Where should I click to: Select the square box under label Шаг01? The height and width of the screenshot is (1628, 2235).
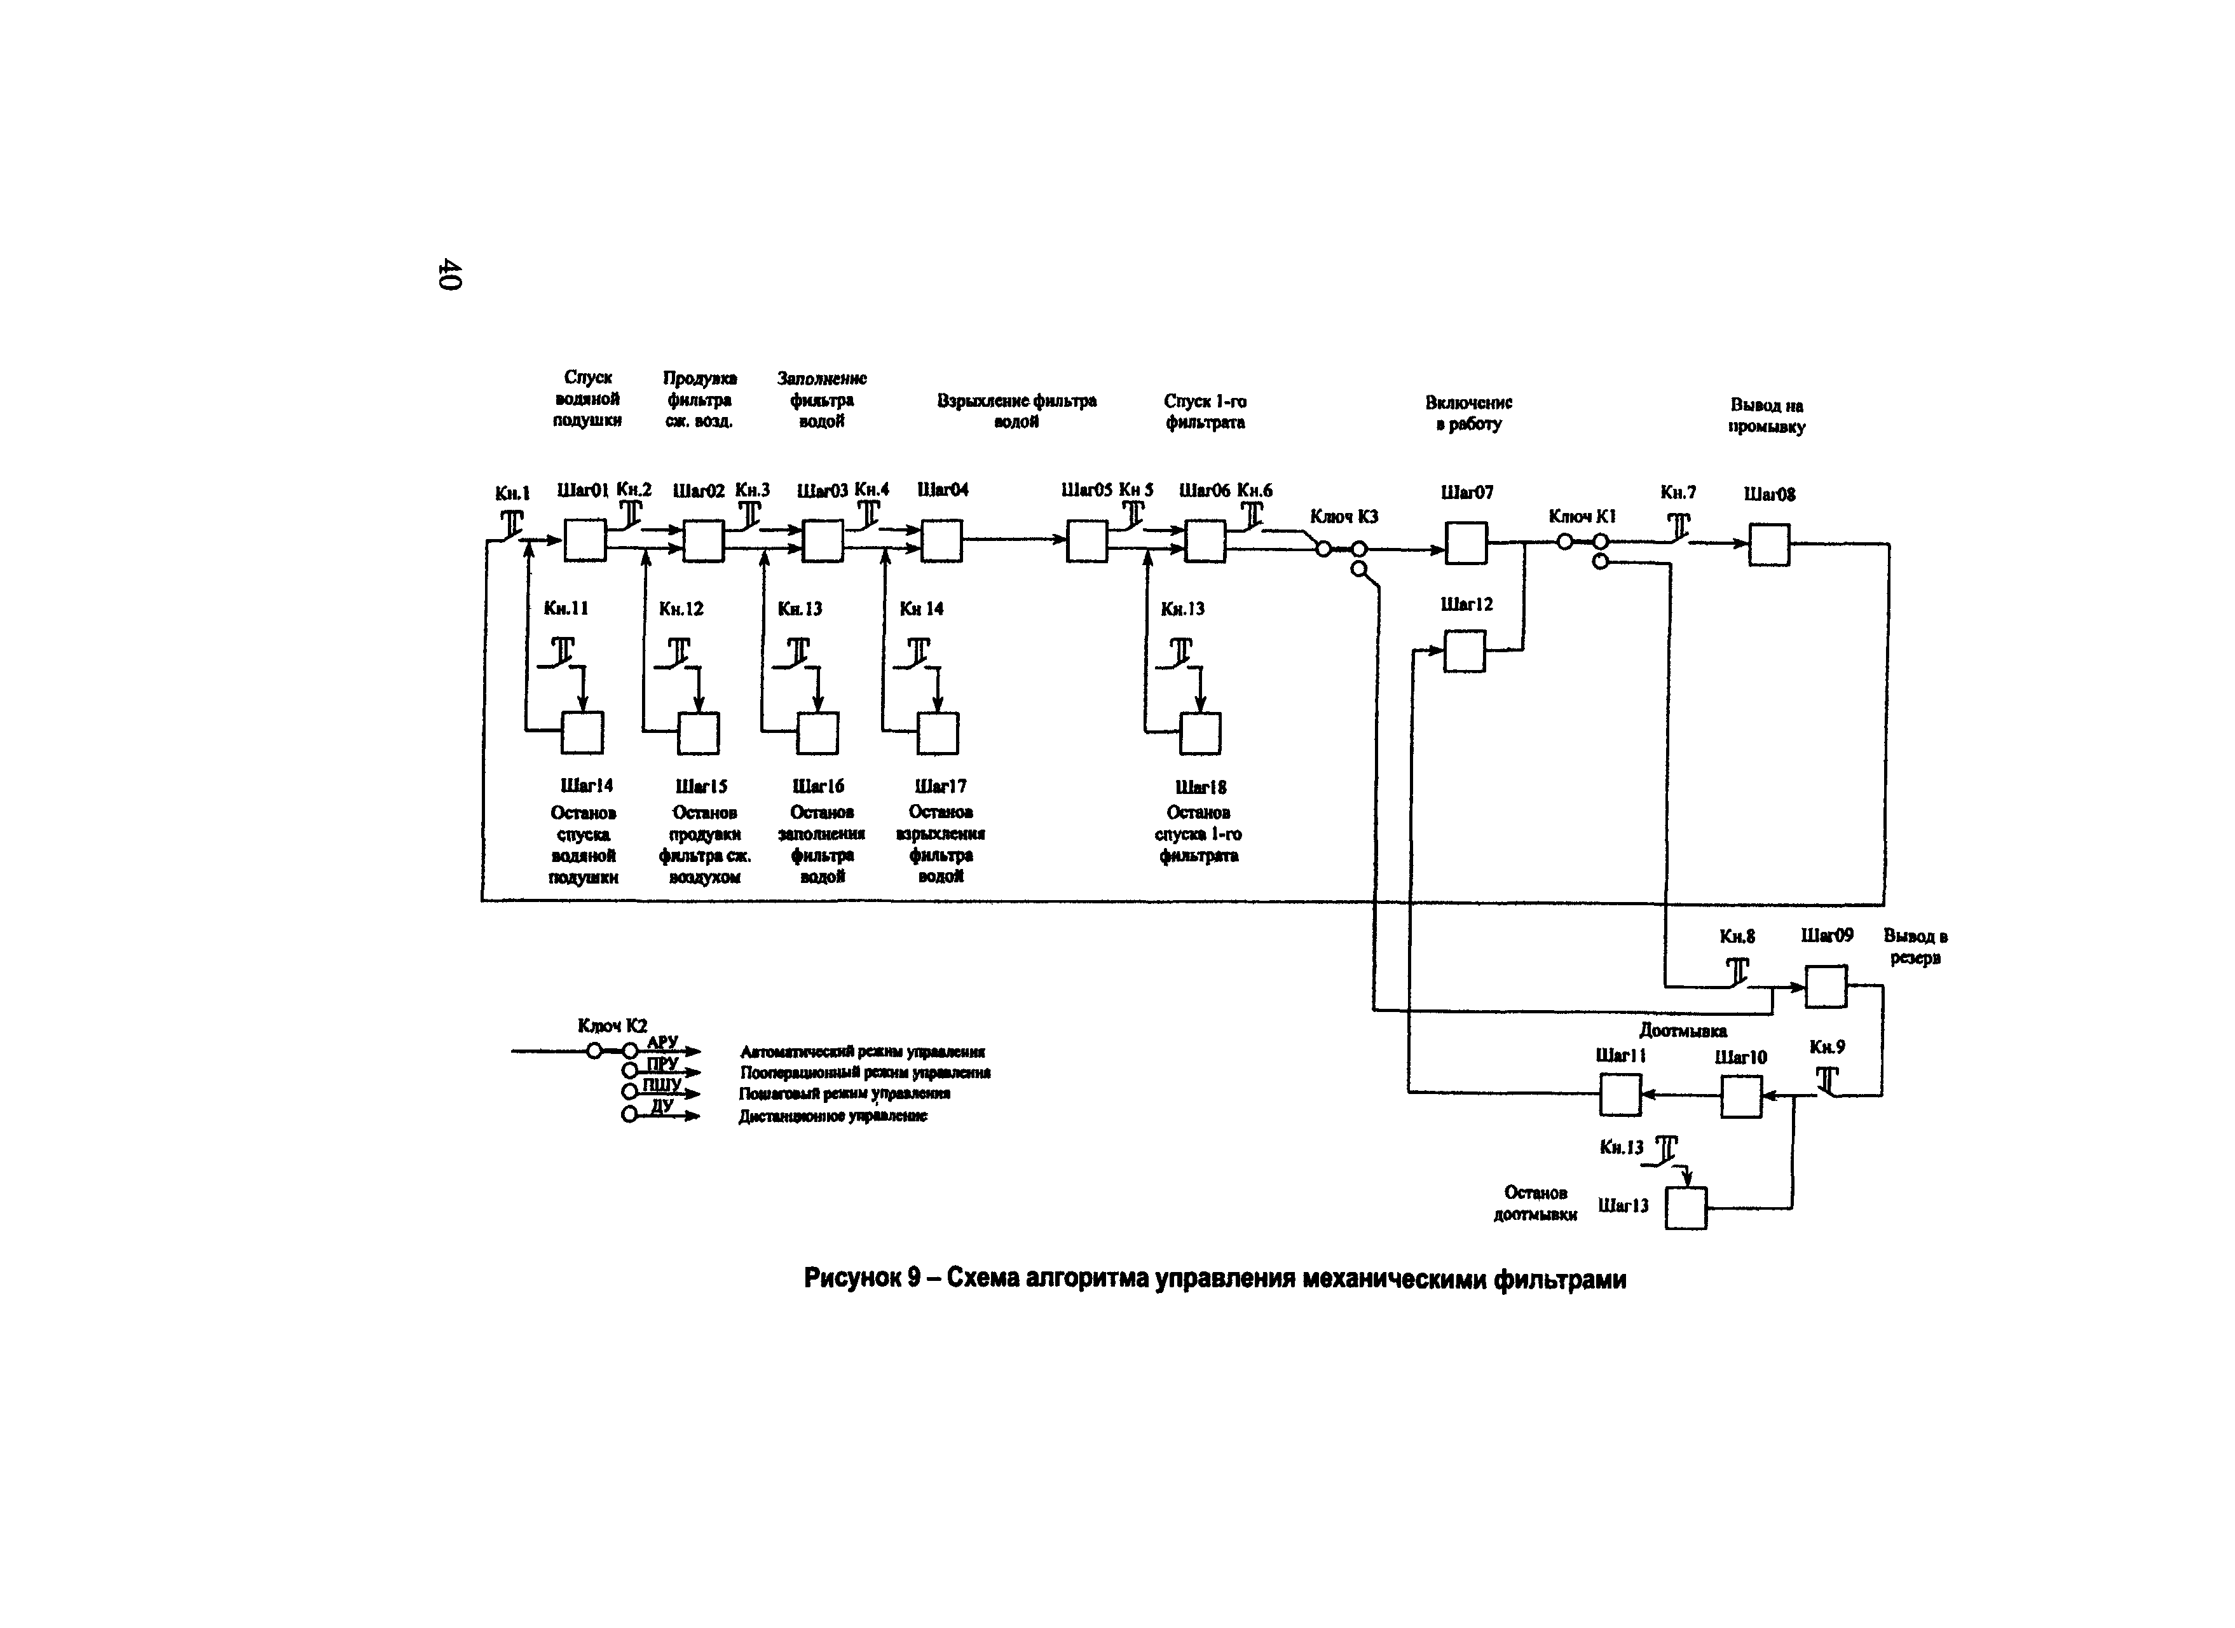tap(584, 540)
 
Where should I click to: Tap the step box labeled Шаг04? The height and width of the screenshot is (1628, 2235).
tap(941, 541)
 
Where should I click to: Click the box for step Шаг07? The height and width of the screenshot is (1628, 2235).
tap(1465, 543)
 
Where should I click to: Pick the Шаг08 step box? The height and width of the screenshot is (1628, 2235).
tap(1769, 545)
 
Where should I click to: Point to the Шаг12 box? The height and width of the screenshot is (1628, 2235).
tap(1465, 652)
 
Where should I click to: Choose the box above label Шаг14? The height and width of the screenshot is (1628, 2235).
tap(582, 732)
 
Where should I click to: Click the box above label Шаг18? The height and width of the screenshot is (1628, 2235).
tap(1200, 733)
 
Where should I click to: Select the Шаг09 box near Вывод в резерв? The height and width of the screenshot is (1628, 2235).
tap(1826, 987)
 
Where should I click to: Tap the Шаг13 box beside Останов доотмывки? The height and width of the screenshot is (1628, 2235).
tap(1686, 1208)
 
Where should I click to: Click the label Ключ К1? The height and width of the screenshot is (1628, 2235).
tap(1582, 516)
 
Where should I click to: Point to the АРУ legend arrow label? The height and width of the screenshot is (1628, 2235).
tap(662, 1043)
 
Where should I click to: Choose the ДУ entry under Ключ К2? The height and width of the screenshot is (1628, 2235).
tap(662, 1107)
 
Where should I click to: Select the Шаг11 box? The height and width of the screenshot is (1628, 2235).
tap(1620, 1095)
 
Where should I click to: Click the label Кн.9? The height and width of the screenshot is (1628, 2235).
tap(1827, 1046)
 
